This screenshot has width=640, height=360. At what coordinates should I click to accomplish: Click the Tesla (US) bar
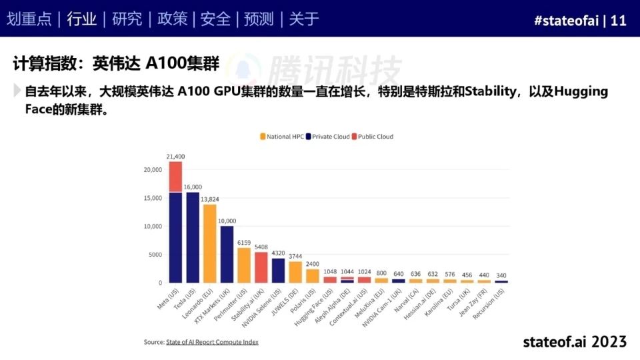193,237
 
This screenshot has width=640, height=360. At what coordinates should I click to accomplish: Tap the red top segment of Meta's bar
175,177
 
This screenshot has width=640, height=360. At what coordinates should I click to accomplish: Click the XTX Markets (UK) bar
227,254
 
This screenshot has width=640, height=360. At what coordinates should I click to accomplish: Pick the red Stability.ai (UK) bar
261,267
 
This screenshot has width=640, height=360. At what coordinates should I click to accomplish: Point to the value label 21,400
175,157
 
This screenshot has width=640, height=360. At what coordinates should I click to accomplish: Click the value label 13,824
210,199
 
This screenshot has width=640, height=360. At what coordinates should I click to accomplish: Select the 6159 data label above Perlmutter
244,243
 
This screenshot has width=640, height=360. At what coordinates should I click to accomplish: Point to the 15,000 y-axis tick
152,198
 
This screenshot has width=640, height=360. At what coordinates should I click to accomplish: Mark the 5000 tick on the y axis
154,255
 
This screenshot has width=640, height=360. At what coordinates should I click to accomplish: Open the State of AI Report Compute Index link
211,342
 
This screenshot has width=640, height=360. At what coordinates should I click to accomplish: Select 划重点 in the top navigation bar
29,19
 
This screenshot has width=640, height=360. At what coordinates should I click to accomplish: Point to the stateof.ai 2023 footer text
575,341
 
